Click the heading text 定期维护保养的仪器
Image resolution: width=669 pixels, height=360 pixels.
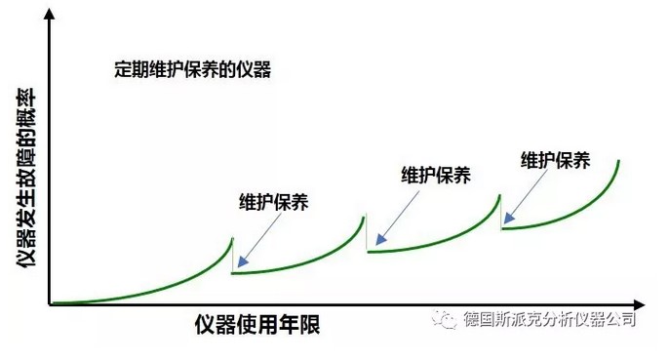point(191,70)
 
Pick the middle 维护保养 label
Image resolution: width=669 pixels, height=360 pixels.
point(436,176)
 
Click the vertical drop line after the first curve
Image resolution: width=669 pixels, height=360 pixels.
point(232,256)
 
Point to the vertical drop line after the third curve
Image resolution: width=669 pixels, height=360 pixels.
point(500,210)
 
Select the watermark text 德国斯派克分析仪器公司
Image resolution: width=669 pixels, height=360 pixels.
point(550,320)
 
